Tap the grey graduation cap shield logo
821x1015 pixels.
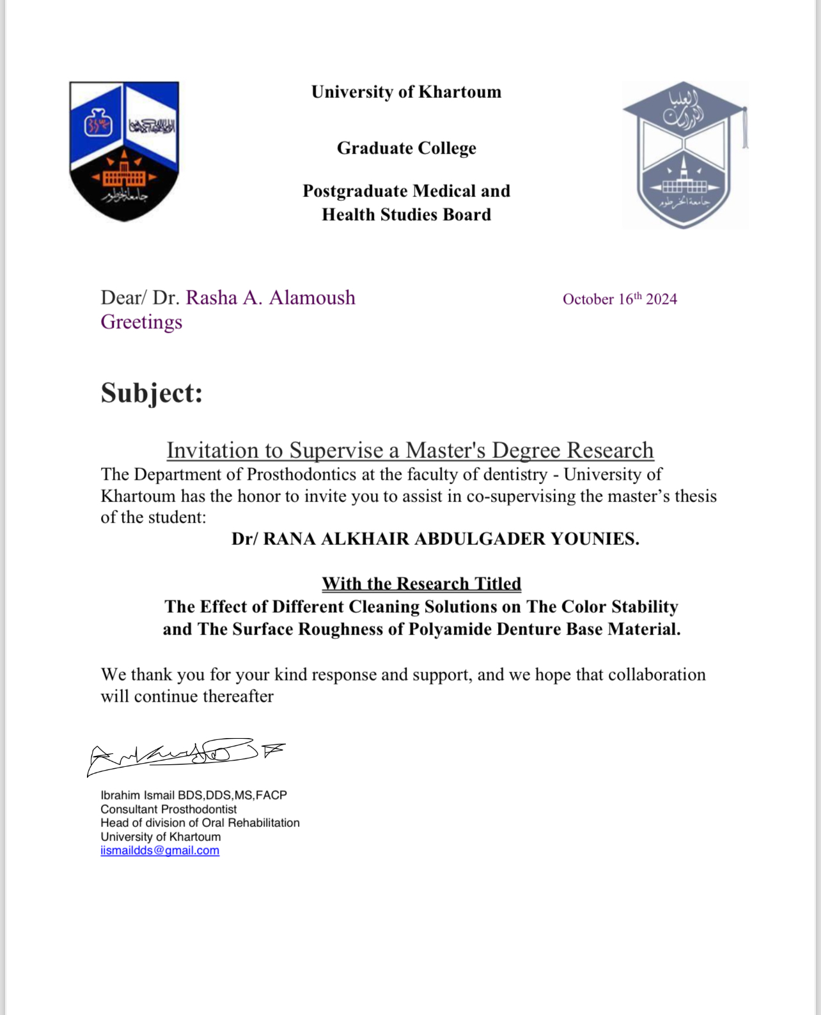684,155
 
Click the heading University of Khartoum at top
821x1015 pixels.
406,92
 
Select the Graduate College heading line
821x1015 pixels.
406,148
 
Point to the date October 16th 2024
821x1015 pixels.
619,299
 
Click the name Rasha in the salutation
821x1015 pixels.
211,297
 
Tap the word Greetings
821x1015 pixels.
141,322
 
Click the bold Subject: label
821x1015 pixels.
152,393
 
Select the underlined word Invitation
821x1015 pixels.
211,450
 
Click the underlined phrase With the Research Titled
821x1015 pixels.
421,583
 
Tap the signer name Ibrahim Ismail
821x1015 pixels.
137,795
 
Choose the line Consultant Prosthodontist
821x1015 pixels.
168,809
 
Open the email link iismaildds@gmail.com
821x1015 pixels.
160,851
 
